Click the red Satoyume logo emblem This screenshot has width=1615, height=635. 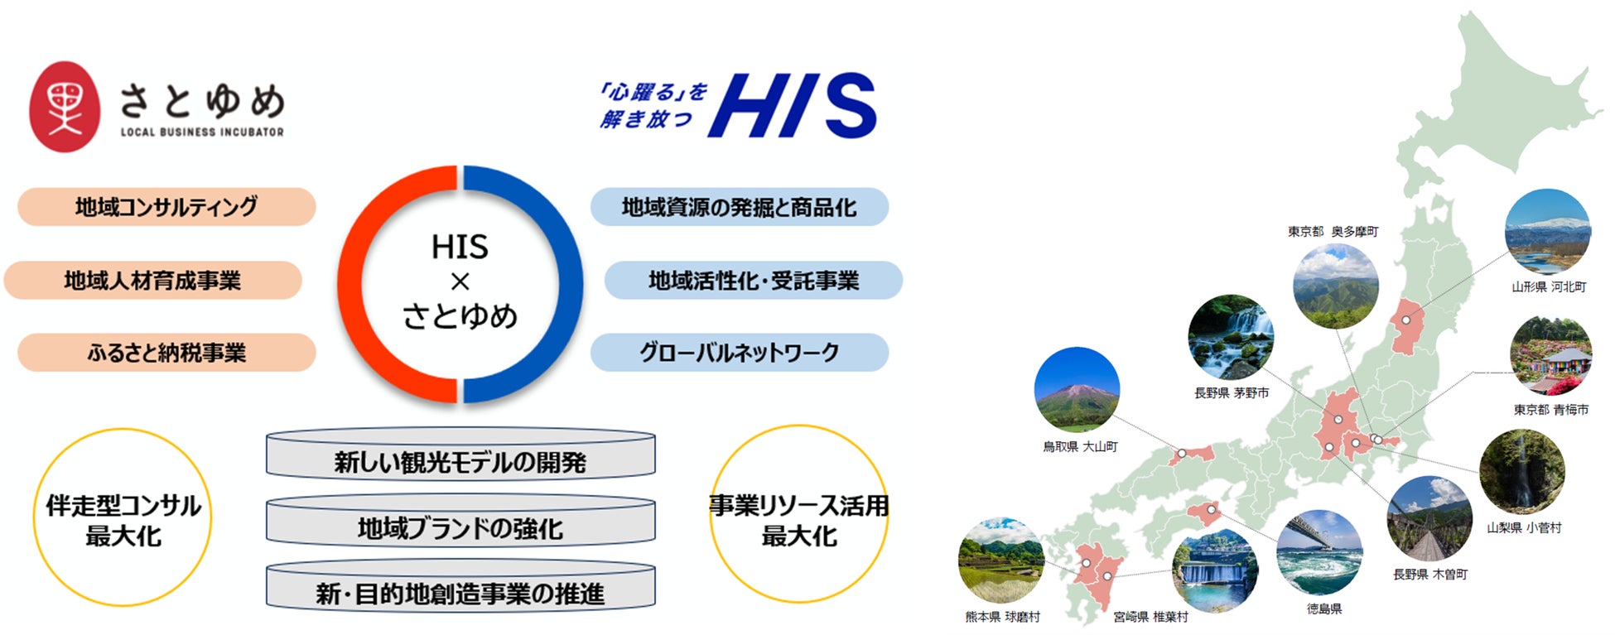coord(65,107)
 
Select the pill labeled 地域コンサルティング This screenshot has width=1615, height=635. coord(166,207)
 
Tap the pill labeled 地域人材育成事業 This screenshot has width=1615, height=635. coord(153,281)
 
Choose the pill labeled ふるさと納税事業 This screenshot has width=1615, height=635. coord(166,353)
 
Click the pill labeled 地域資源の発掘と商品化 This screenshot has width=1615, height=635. coord(739,207)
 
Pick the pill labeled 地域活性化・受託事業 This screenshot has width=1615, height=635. coord(753,281)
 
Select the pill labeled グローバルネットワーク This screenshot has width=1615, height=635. coord(739,353)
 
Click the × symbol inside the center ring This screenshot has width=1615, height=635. coord(460,281)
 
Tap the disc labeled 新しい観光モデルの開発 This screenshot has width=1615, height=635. coord(460,459)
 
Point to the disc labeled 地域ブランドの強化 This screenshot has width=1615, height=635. coord(460,527)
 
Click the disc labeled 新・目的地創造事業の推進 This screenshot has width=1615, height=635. coord(460,592)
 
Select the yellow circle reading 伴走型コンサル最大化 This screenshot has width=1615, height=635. coord(123,518)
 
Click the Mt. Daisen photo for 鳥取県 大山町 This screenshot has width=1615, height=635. coord(1077,389)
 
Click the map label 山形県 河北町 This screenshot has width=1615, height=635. coord(1549,287)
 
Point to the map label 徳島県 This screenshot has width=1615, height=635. coord(1323,609)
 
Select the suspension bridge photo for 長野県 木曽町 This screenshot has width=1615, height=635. coord(1429,519)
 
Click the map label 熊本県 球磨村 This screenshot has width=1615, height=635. coord(1002,617)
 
